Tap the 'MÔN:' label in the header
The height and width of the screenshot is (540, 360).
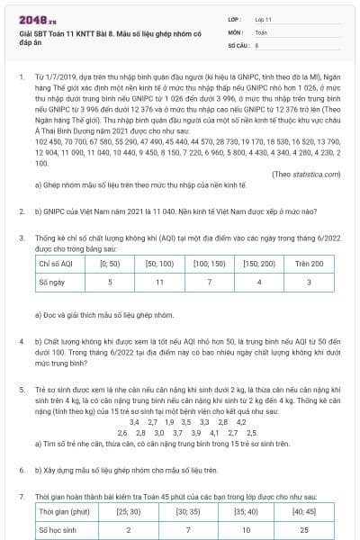coord(236,30)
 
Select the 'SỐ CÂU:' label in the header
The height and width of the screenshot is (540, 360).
coord(239,43)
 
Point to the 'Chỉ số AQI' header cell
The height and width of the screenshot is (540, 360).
coord(56,264)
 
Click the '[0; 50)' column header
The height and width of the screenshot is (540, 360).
coord(110,264)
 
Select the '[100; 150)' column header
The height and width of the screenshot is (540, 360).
coord(209,264)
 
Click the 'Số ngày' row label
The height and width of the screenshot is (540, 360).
coord(52,282)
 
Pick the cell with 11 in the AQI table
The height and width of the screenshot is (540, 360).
coord(159,282)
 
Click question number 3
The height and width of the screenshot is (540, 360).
coord(22,237)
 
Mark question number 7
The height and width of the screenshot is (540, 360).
coord(22,497)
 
